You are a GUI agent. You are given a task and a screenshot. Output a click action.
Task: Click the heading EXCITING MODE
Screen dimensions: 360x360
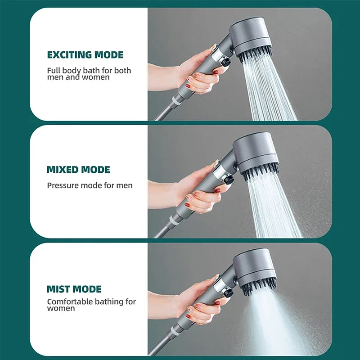point(85,55)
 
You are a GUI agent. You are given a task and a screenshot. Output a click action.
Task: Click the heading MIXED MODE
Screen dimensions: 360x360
point(78,170)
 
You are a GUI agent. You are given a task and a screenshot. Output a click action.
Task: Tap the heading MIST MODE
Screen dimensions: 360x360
point(74,289)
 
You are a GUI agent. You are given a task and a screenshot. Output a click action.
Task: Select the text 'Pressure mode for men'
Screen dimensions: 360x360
point(90,185)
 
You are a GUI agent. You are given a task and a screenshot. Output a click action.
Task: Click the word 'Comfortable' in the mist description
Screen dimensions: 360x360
point(69,301)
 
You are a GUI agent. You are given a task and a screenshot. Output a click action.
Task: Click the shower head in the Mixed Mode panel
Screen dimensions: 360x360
point(256,151)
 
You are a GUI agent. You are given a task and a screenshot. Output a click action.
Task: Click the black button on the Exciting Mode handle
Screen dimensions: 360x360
point(226,62)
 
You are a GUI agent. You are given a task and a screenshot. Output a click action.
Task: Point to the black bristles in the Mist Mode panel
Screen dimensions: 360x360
point(259,286)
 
